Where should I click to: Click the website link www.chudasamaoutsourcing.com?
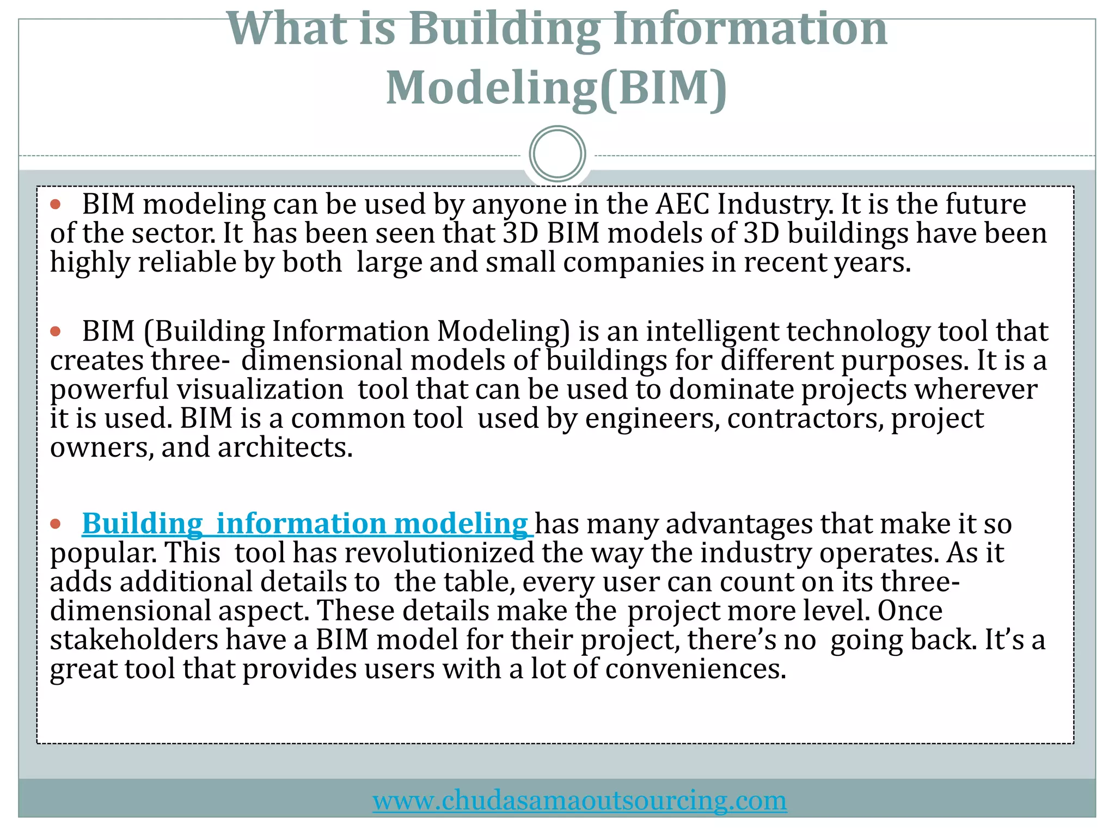(579, 801)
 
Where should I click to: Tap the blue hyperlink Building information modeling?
(305, 524)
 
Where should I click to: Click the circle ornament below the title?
(557, 153)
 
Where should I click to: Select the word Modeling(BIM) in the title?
(556, 88)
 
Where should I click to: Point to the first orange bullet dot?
(56, 205)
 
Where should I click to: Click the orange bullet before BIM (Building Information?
(56, 331)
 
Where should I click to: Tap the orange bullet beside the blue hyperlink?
(56, 524)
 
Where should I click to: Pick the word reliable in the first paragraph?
(187, 262)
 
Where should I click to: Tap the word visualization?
(260, 390)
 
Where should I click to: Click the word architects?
(285, 447)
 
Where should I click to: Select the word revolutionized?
(439, 553)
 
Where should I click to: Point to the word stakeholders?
(134, 640)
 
